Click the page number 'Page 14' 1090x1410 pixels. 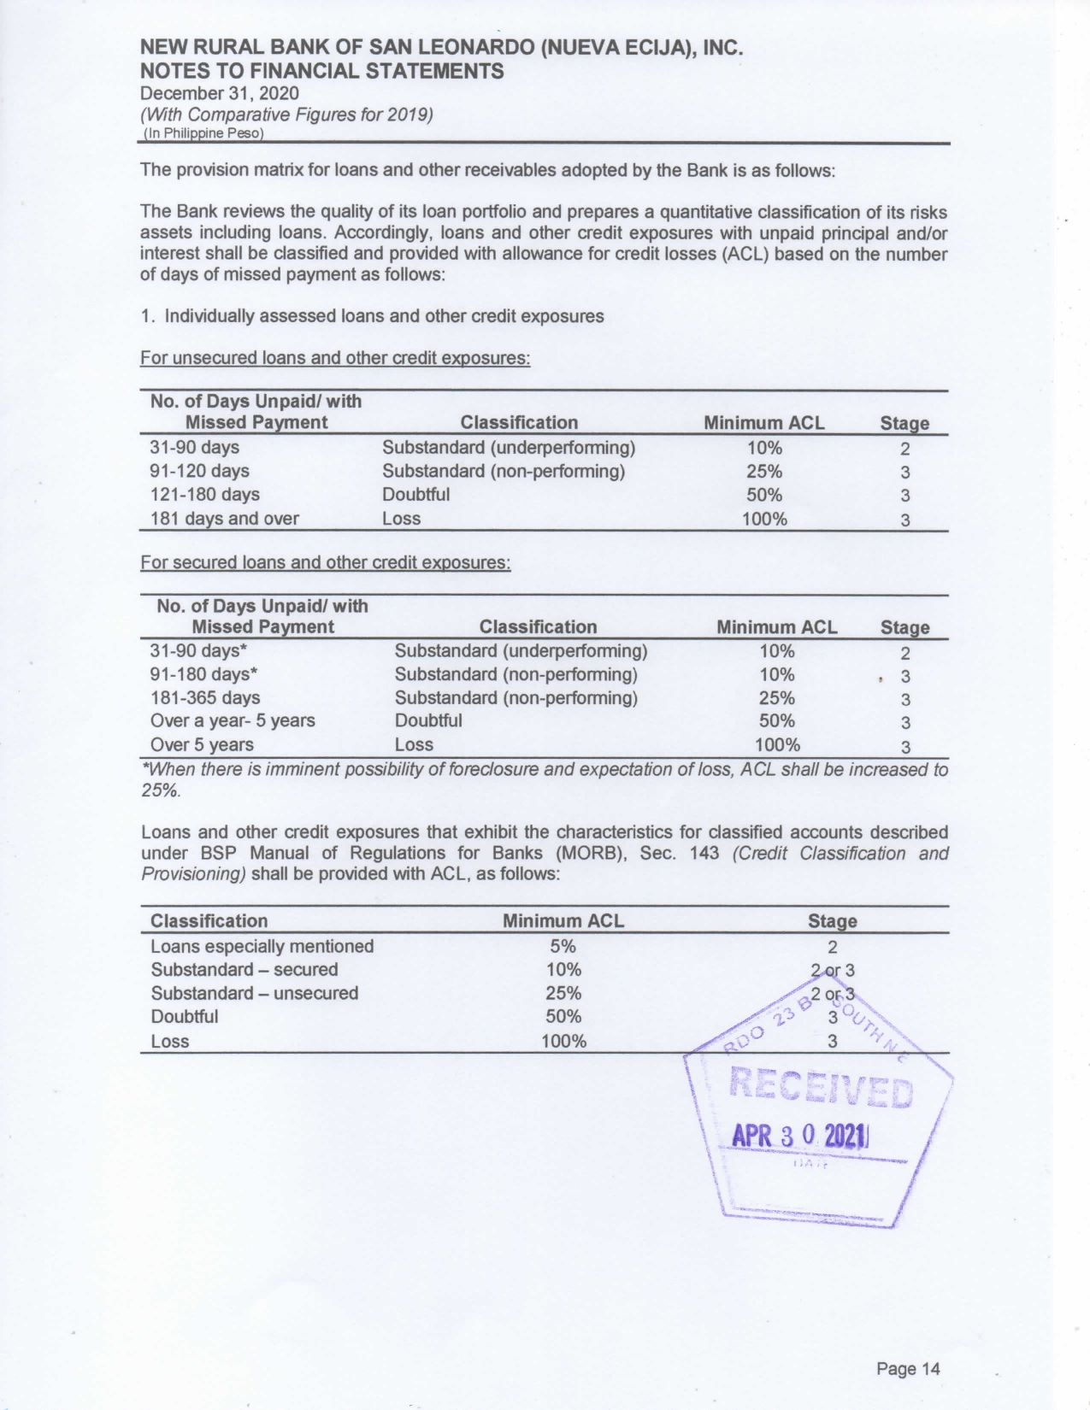pos(907,1368)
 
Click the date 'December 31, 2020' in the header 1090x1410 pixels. pos(219,92)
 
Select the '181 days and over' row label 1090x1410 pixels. pos(224,518)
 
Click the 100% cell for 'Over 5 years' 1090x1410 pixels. pos(777,744)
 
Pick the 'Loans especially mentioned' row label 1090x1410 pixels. pos(262,946)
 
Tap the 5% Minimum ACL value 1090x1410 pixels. pos(563,946)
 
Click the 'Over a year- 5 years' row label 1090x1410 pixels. pos(233,720)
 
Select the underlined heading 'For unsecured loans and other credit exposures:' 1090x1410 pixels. pos(335,357)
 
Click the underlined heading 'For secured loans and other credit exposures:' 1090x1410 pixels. pos(325,562)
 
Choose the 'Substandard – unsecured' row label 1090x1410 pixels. pos(254,993)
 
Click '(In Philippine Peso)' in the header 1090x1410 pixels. pos(203,133)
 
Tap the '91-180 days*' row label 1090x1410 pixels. pos(204,674)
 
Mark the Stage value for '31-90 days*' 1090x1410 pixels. pos(905,653)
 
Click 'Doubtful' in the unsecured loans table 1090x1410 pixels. pos(415,494)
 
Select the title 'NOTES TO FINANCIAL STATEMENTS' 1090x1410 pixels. pos(321,71)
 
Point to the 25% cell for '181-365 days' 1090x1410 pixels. pos(776,697)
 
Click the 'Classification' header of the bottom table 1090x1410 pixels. pos(209,920)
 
